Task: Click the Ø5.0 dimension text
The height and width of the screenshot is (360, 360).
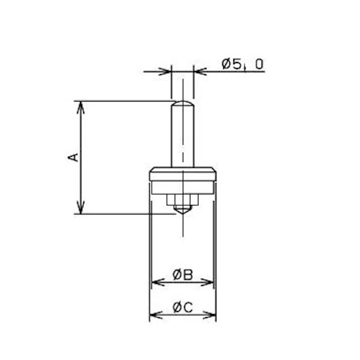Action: click(x=242, y=64)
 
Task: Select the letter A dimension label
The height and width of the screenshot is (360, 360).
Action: click(x=74, y=157)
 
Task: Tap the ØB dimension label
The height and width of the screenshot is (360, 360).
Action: click(x=182, y=275)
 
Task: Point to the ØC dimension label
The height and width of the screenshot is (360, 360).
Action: click(x=182, y=307)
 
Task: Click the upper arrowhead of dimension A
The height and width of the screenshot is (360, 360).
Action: click(x=80, y=106)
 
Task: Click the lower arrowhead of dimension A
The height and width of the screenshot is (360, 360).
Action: click(x=80, y=209)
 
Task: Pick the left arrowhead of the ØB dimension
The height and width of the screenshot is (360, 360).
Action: click(x=157, y=282)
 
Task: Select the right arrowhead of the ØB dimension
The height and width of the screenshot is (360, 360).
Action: click(x=209, y=282)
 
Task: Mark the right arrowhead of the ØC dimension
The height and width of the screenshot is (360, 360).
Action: click(x=211, y=316)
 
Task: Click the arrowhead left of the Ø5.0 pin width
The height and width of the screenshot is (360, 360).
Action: click(x=166, y=71)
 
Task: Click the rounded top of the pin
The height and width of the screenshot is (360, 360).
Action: click(x=182, y=104)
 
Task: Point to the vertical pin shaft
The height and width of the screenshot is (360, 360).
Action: click(x=182, y=136)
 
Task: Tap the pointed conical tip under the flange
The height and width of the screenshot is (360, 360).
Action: click(x=182, y=209)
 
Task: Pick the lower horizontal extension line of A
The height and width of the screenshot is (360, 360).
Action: click(x=126, y=214)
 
